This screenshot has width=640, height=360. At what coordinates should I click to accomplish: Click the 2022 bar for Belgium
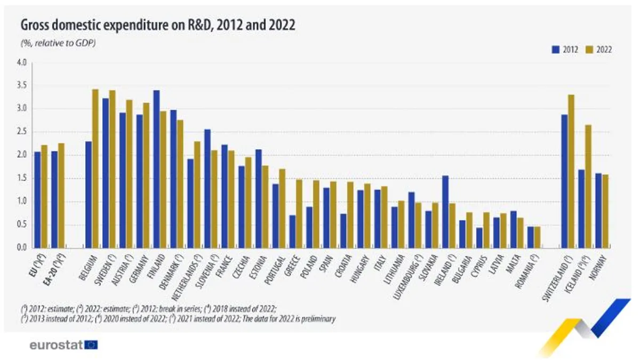(x=95, y=169)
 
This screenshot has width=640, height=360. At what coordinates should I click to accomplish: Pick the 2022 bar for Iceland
(x=588, y=187)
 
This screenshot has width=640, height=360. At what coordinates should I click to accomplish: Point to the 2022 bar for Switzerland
(x=571, y=171)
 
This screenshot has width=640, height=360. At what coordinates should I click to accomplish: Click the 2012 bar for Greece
(x=292, y=231)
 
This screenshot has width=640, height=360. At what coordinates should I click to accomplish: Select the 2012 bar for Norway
(x=598, y=211)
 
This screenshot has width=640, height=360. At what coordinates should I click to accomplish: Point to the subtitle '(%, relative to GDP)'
(x=58, y=43)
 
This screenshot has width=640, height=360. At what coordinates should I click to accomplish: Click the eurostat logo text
(x=57, y=345)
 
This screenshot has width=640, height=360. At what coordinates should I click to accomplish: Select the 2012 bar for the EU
(x=37, y=200)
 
